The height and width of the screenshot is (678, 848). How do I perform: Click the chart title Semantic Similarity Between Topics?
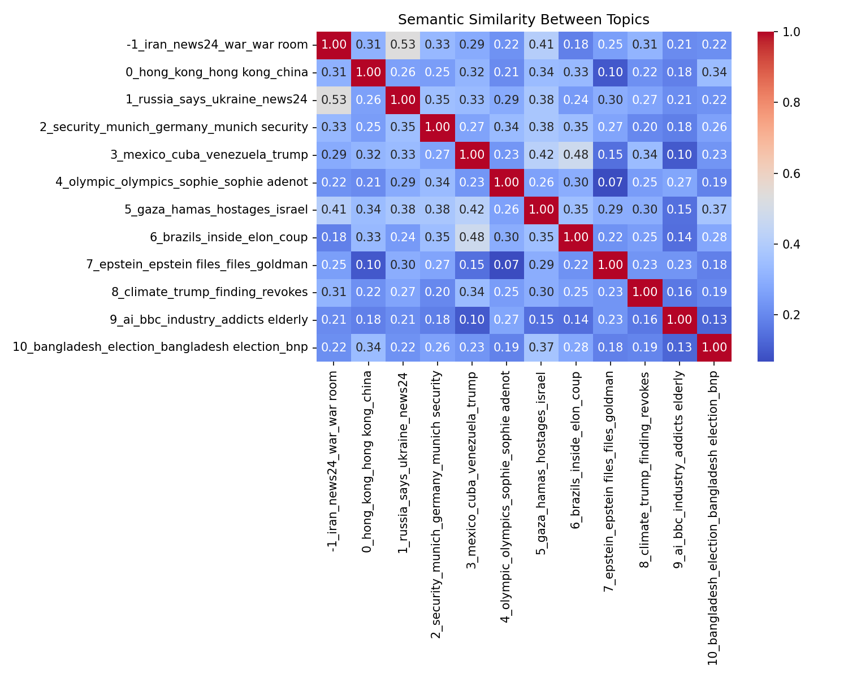[523, 20]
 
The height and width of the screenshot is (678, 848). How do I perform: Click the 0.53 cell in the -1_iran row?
[403, 45]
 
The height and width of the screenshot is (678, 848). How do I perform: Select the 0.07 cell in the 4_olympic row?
[611, 182]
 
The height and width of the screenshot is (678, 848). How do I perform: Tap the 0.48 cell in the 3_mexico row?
[576, 155]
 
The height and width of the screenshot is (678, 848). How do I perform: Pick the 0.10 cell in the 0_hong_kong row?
[611, 72]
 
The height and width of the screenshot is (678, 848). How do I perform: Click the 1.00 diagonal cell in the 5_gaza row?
[541, 210]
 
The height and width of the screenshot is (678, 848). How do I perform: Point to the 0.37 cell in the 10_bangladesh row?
[541, 347]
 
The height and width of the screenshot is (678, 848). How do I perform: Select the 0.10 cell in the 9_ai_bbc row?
[472, 320]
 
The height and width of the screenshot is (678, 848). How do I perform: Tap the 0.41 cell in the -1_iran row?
[541, 45]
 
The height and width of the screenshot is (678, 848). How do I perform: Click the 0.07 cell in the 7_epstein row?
[507, 265]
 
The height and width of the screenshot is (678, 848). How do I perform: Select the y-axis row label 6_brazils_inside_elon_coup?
[229, 237]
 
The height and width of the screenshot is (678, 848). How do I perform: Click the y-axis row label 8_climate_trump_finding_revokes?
[210, 292]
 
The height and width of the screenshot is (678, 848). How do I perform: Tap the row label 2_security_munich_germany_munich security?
[174, 127]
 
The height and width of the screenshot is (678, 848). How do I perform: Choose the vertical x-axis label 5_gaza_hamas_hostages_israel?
[541, 463]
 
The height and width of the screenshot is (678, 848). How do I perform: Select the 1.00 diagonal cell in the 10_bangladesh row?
[714, 347]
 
